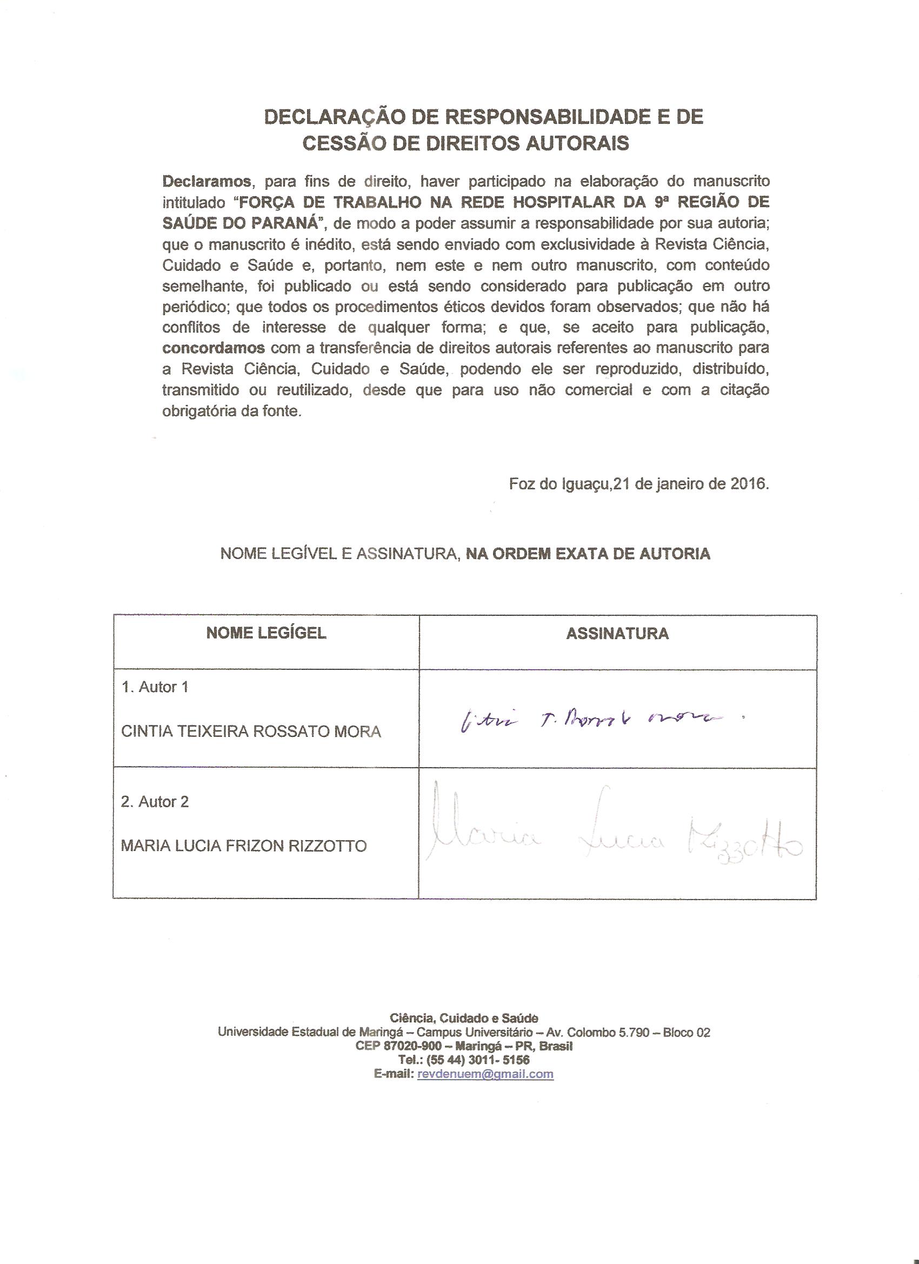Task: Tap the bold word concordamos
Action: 214,348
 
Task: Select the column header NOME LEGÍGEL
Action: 267,633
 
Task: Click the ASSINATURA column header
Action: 617,633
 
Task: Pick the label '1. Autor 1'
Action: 155,687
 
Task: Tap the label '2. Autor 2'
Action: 155,802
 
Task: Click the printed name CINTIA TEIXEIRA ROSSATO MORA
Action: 251,732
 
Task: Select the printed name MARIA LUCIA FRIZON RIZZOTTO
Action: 244,847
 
